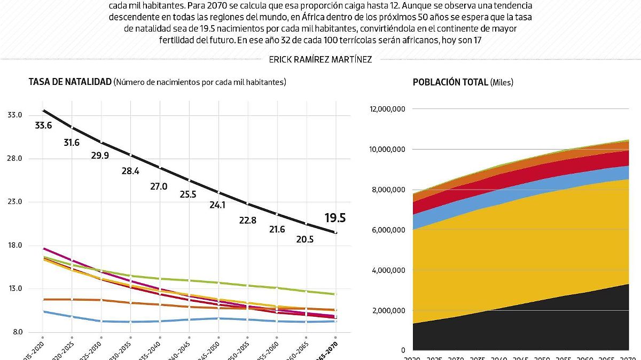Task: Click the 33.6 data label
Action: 43,126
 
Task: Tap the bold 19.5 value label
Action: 335,218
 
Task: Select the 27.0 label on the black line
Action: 159,186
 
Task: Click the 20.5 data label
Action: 304,239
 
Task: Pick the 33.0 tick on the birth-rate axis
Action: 14,115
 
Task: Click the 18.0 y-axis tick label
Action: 14,245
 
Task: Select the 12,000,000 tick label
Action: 387,109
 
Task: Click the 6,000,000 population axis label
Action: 389,230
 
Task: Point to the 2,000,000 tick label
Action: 389,311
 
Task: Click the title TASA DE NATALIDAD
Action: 69,82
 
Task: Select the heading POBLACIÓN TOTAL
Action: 450,82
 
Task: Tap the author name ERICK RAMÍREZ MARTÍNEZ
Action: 320,60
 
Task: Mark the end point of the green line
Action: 335,294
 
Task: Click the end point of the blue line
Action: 335,321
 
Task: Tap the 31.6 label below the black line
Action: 72,143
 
